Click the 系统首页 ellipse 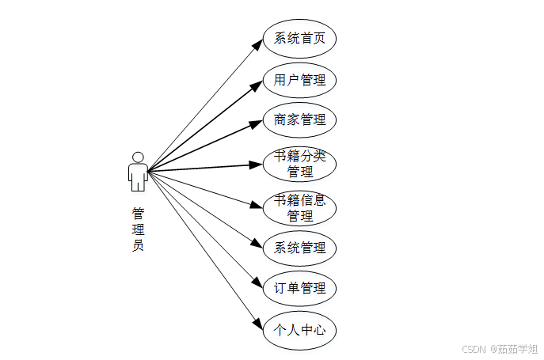(299, 38)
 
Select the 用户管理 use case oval (299, 80)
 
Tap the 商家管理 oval (299, 120)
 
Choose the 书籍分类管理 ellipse (299, 164)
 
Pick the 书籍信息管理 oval (299, 207)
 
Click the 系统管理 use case (299, 248)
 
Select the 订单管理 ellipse (299, 288)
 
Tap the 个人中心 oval (299, 329)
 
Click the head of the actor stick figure (138, 157)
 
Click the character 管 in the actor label (138, 213)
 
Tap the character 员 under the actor (138, 245)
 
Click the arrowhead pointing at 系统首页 (257, 44)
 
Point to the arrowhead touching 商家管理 (257, 122)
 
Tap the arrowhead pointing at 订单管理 (257, 282)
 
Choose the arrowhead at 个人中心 (257, 323)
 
